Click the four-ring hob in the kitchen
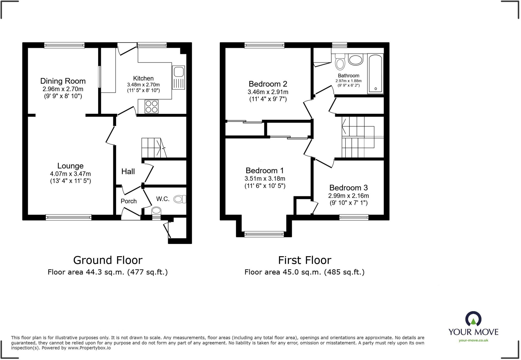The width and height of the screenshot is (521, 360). [x=151, y=107]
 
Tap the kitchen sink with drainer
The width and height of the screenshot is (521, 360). [x=178, y=77]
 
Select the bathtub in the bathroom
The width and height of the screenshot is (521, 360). [x=375, y=73]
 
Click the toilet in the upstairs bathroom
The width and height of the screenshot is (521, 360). [x=340, y=62]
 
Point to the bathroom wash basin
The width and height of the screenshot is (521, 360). [x=355, y=60]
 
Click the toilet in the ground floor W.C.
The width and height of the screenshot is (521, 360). [x=180, y=199]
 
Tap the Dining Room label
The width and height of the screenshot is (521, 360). [x=63, y=81]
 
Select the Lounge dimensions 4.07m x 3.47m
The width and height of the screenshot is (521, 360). [x=70, y=174]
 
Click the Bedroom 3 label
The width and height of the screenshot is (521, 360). [x=348, y=188]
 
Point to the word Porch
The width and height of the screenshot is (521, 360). [x=128, y=201]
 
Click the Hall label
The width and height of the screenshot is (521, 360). [x=128, y=171]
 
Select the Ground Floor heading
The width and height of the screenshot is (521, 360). [x=108, y=260]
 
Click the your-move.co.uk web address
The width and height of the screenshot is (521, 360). [x=473, y=340]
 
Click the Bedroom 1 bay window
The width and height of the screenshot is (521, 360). [x=264, y=234]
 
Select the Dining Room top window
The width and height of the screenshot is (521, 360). [x=64, y=45]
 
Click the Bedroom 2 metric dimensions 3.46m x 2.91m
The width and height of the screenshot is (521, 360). [x=268, y=92]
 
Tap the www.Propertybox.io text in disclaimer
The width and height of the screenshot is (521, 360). [x=89, y=348]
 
